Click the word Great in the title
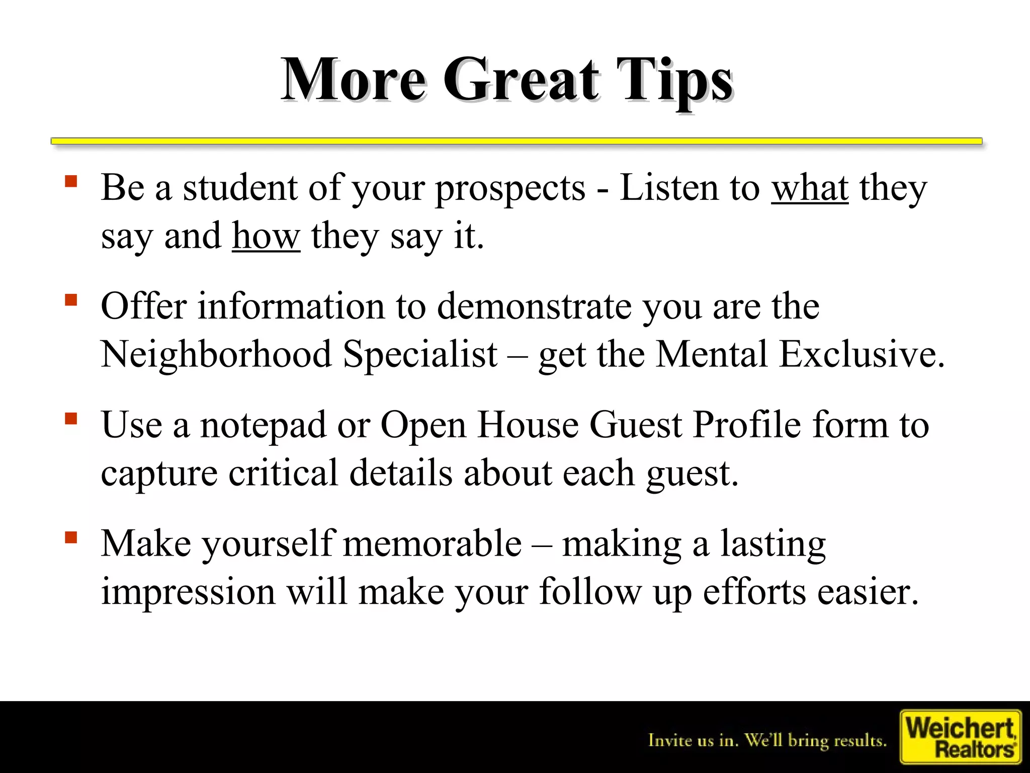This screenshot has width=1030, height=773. (x=521, y=81)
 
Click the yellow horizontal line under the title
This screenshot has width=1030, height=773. (x=516, y=141)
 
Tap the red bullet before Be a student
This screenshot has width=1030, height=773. (x=71, y=181)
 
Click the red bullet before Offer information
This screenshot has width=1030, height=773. (x=71, y=300)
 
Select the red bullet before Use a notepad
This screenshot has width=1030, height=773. (x=71, y=419)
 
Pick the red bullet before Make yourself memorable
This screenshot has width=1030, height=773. (x=71, y=537)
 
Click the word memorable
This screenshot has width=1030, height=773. (x=433, y=544)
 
